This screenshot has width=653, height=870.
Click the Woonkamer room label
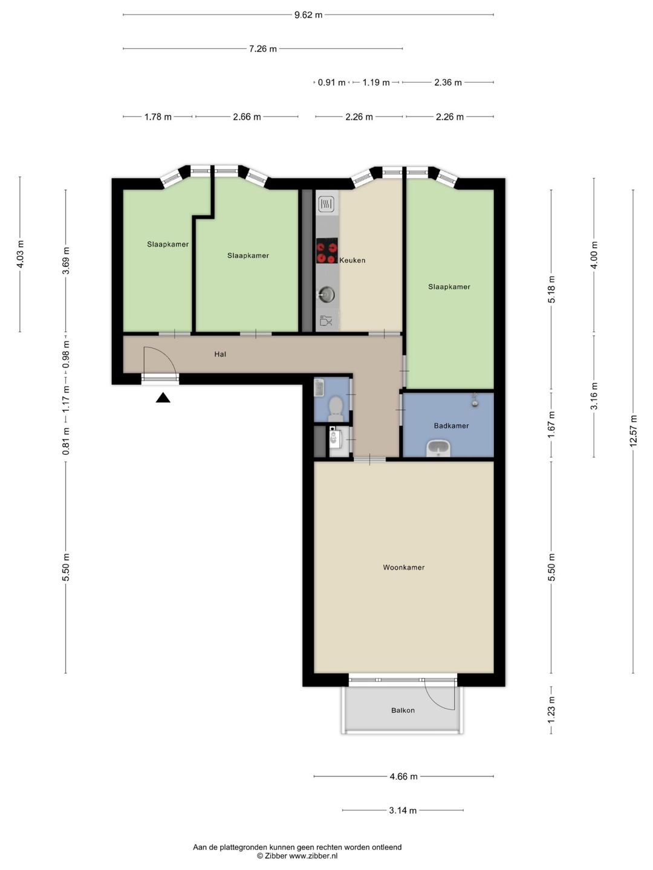(404, 567)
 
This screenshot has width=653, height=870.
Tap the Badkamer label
(451, 426)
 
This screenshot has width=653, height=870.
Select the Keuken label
(352, 260)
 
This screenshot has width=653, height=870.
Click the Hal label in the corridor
(220, 354)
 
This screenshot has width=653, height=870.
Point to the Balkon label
(403, 710)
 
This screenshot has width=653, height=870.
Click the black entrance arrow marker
(163, 398)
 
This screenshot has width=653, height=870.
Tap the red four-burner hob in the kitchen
(327, 251)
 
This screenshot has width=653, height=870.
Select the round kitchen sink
(327, 295)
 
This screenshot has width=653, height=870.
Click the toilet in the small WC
(336, 408)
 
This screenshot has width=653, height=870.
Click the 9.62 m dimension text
(308, 15)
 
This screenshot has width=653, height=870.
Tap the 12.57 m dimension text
(633, 431)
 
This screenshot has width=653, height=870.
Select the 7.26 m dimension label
(263, 49)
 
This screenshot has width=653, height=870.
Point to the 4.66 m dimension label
(404, 776)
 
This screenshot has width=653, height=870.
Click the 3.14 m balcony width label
(403, 811)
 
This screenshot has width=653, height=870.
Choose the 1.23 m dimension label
(551, 709)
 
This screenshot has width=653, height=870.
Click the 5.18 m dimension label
(551, 289)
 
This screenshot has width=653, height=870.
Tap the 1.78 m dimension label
(158, 117)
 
